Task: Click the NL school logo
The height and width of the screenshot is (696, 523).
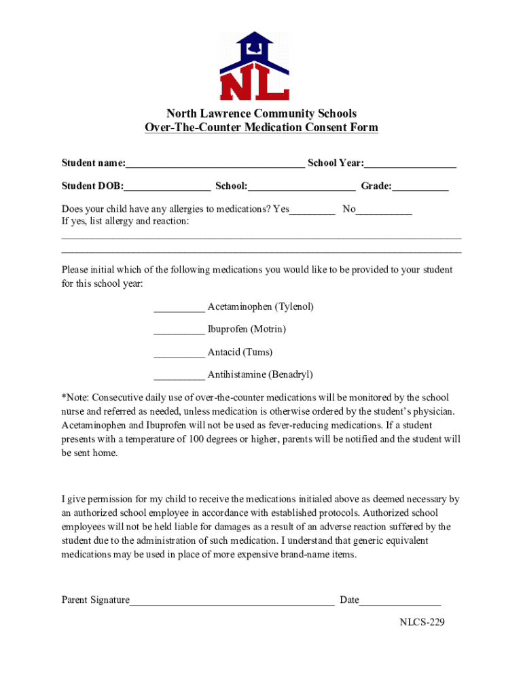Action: coord(255,67)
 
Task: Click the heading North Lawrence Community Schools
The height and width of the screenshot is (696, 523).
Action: coord(261,114)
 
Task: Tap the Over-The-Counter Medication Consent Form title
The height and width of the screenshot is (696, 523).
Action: coord(261,128)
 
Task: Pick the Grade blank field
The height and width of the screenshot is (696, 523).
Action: coord(420,187)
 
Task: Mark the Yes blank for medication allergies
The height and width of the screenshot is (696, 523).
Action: coord(312,210)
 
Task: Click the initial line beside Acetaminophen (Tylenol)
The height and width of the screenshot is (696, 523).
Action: coord(179,307)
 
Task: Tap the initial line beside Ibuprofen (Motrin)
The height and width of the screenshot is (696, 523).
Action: coord(179,330)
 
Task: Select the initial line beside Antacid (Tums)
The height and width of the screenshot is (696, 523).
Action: coord(179,353)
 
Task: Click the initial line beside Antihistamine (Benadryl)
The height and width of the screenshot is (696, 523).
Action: coord(179,375)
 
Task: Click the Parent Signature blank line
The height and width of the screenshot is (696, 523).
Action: coord(232,601)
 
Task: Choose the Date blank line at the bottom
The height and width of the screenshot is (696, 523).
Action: coord(400,601)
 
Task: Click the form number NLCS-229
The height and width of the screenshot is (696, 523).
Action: coord(422,622)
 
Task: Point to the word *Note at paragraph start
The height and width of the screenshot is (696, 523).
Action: coord(75,398)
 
